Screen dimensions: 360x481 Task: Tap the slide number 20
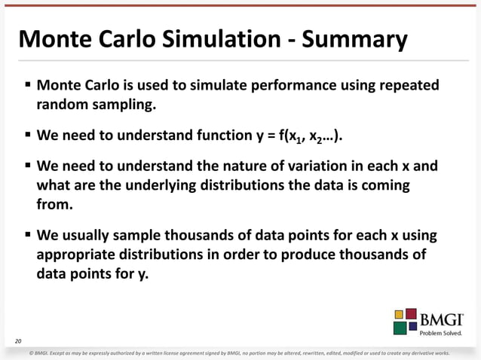coord(18,341)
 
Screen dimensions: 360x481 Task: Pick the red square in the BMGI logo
coord(412,313)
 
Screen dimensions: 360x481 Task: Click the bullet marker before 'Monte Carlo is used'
coord(26,86)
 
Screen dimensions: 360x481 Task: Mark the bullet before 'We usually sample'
coord(26,236)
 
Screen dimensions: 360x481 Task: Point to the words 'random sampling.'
coord(97,105)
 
